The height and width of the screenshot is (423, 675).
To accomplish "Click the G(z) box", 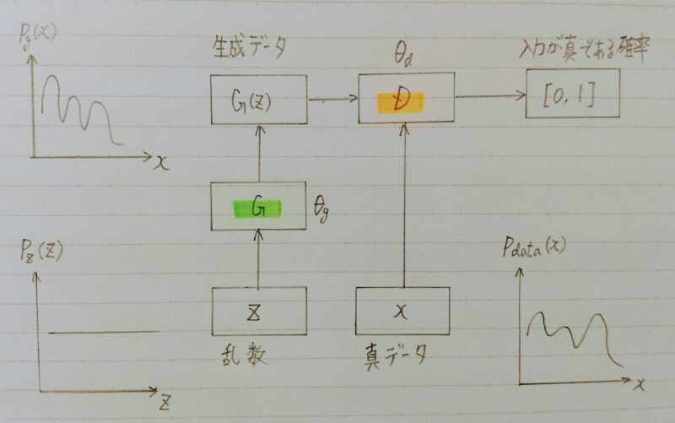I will [258, 99].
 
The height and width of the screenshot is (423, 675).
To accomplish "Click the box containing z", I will [258, 310].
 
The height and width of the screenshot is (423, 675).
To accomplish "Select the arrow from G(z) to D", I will [332, 100].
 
